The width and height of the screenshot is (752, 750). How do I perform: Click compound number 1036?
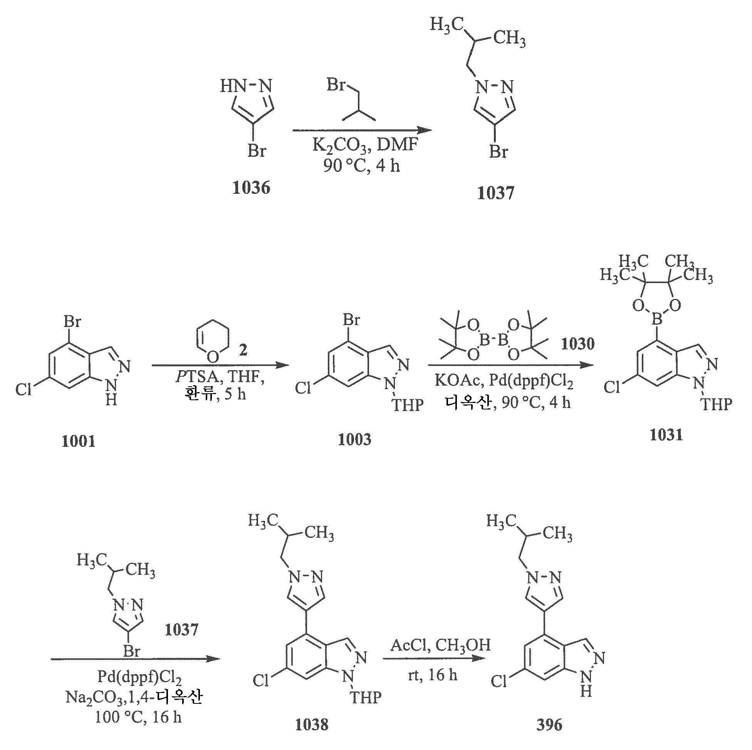pos(251,188)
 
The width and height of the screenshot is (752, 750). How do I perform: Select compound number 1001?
pos(79,441)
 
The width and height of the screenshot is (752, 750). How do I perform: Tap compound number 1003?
pos(354,440)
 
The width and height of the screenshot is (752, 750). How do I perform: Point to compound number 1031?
pos(666,435)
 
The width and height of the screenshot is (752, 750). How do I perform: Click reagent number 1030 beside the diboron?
pos(577,344)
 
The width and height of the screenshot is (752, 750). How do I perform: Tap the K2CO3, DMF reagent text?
pos(365,146)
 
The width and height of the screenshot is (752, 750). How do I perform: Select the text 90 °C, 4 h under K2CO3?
pos(361,166)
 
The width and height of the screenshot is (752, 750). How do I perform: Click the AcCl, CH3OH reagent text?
pos(440,645)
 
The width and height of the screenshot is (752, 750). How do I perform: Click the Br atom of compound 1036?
pos(257,151)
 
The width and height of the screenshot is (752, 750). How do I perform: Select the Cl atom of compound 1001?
pos(23,389)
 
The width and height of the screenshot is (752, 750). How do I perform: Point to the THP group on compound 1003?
pos(407,405)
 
